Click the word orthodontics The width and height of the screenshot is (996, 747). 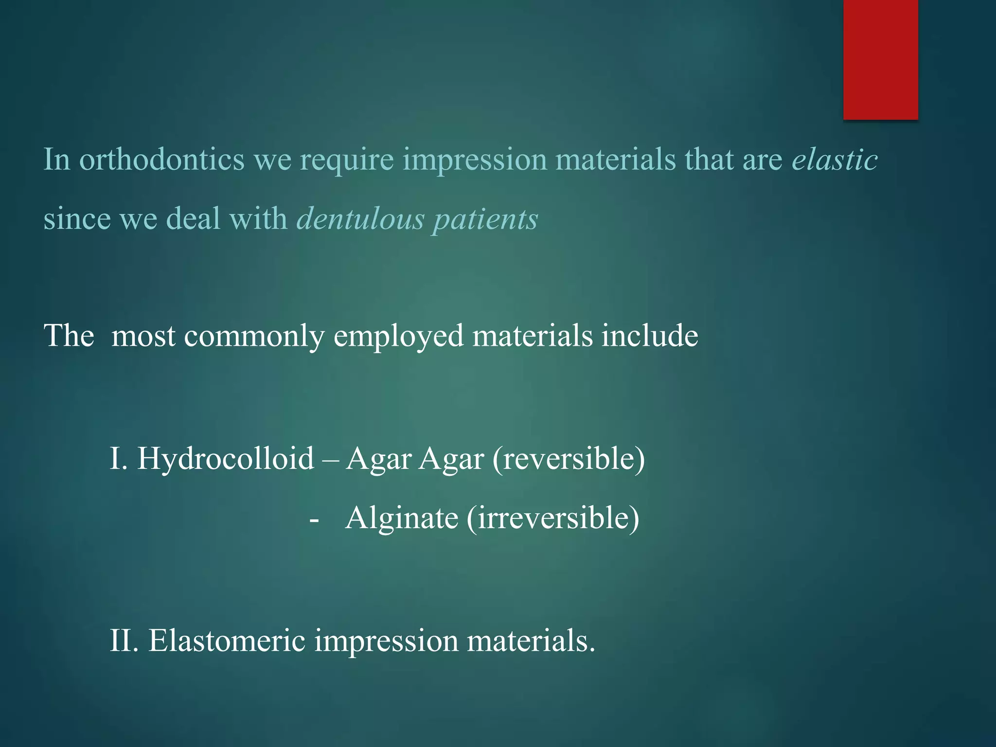(x=161, y=160)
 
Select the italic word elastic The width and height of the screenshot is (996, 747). (x=835, y=160)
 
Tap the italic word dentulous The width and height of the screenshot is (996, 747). (x=360, y=218)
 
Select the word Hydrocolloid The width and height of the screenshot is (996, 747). (x=226, y=459)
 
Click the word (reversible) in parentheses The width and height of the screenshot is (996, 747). (x=569, y=459)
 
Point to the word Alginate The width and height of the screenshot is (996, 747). (x=402, y=518)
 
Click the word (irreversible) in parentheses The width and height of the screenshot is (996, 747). (x=553, y=518)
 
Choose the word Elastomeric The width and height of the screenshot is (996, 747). (x=227, y=640)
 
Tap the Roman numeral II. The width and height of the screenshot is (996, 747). (x=124, y=640)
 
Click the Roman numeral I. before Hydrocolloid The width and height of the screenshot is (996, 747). (x=118, y=459)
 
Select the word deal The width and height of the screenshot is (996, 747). (x=193, y=218)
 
